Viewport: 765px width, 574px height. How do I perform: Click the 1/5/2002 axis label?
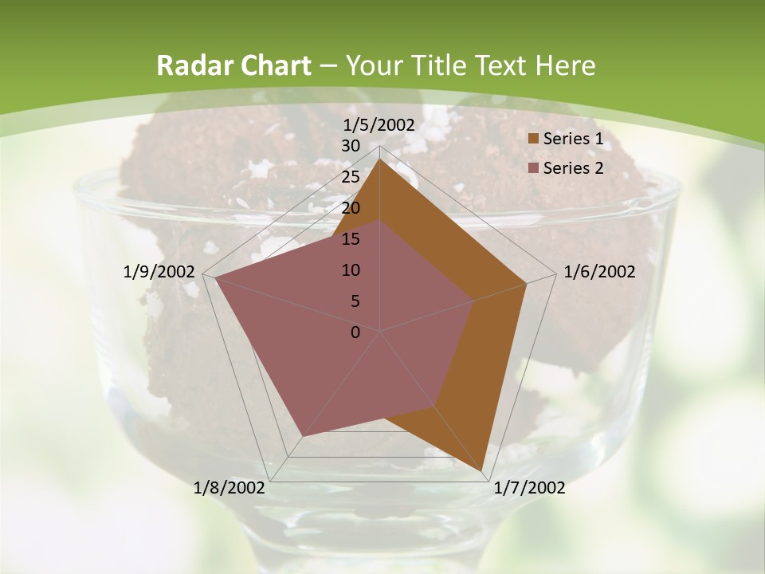(x=379, y=125)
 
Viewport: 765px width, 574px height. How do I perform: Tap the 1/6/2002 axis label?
(x=599, y=272)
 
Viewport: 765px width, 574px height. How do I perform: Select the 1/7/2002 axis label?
(x=530, y=488)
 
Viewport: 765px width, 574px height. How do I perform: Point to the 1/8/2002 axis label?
(x=229, y=488)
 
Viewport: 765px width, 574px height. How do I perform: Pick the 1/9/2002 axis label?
(x=159, y=272)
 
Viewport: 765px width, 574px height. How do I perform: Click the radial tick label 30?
(x=351, y=147)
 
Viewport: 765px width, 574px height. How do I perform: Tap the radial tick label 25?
(x=351, y=178)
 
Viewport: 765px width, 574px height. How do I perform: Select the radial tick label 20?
(x=351, y=209)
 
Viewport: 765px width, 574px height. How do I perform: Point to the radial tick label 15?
(x=351, y=239)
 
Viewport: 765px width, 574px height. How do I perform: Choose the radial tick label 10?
(x=351, y=270)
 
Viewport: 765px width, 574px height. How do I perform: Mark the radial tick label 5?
(x=355, y=301)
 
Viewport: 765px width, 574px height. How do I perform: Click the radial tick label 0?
(x=355, y=332)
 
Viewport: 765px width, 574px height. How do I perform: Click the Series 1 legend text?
(x=572, y=139)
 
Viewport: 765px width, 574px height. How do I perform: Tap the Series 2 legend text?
(x=572, y=168)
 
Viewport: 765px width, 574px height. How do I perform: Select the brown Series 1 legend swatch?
(x=533, y=140)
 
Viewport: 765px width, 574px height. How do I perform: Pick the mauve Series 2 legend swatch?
(x=533, y=168)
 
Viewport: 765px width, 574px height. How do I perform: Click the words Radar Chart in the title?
(x=233, y=66)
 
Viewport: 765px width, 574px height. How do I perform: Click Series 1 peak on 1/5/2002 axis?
(x=380, y=160)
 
